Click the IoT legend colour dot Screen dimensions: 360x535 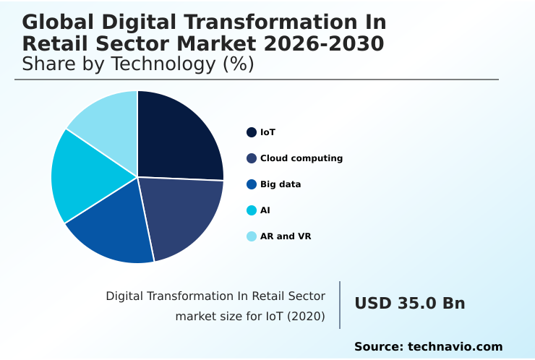tap(252, 132)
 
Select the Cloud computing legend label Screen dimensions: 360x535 tap(301, 158)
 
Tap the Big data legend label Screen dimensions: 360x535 tap(281, 184)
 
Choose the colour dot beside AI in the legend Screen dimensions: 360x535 tap(252, 210)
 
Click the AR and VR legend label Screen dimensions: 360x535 tap(286, 236)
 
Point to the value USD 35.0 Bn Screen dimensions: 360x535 tap(409, 304)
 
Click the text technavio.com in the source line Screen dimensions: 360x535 tap(455, 347)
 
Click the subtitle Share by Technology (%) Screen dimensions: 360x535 tap(138, 64)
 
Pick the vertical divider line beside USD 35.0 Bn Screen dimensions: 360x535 tap(340, 305)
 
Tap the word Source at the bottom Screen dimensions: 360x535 tap(377, 347)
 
